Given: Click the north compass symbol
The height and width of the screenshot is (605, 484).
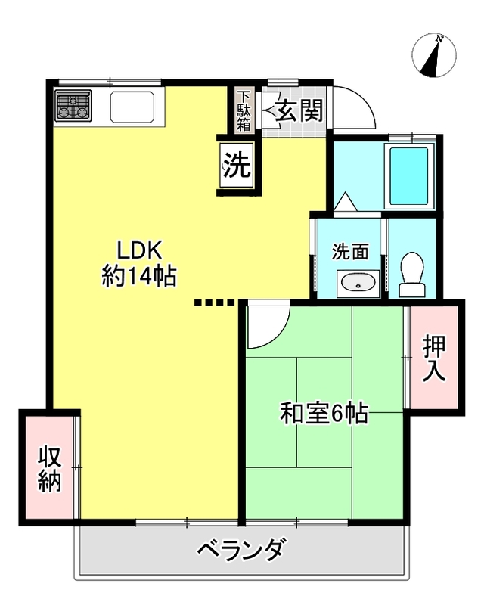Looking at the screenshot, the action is [x=434, y=55].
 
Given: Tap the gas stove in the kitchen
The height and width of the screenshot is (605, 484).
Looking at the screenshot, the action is [x=73, y=106].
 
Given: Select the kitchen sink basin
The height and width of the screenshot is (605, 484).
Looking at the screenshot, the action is [x=132, y=107].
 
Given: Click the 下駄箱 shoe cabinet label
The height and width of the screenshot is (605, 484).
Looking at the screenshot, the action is [x=244, y=110].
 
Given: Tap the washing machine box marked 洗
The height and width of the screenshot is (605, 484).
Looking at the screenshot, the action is [x=237, y=165].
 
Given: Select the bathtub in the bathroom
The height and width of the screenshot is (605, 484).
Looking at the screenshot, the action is [x=408, y=176].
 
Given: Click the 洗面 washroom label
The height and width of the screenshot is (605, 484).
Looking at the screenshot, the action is [x=350, y=252].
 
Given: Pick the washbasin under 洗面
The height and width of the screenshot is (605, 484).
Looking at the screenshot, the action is [x=358, y=284].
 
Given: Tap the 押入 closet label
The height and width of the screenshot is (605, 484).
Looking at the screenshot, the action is [x=434, y=358].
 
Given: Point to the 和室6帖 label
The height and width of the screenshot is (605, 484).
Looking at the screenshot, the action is [x=324, y=413].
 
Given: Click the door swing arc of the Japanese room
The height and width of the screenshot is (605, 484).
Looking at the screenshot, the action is [x=278, y=333].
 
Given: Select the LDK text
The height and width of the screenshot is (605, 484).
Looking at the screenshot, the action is [x=138, y=251].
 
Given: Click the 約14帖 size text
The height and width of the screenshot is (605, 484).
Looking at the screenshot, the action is [x=139, y=276].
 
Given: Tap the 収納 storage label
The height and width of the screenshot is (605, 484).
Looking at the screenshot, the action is [x=49, y=468].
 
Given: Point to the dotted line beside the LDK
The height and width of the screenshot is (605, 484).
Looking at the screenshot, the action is [x=214, y=302].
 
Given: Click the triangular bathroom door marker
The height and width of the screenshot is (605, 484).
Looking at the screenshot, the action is [x=346, y=201].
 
